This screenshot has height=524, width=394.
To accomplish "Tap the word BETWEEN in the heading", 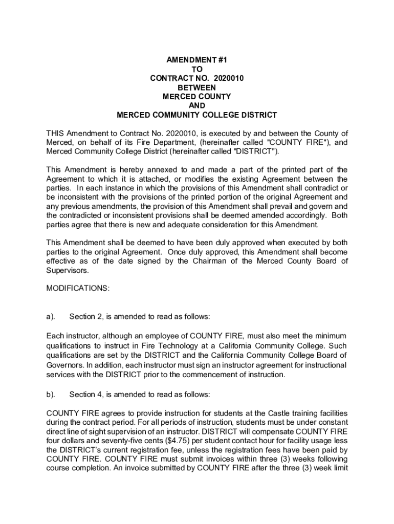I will point(197,88).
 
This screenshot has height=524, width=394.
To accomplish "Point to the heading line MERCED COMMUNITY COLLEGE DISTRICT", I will point(197,115).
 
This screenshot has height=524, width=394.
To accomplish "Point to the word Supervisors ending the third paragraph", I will point(67,271).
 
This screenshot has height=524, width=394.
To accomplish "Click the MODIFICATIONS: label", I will point(78,289).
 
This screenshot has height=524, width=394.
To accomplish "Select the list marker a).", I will point(51,317).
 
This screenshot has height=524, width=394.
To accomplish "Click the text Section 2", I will point(85,317).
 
